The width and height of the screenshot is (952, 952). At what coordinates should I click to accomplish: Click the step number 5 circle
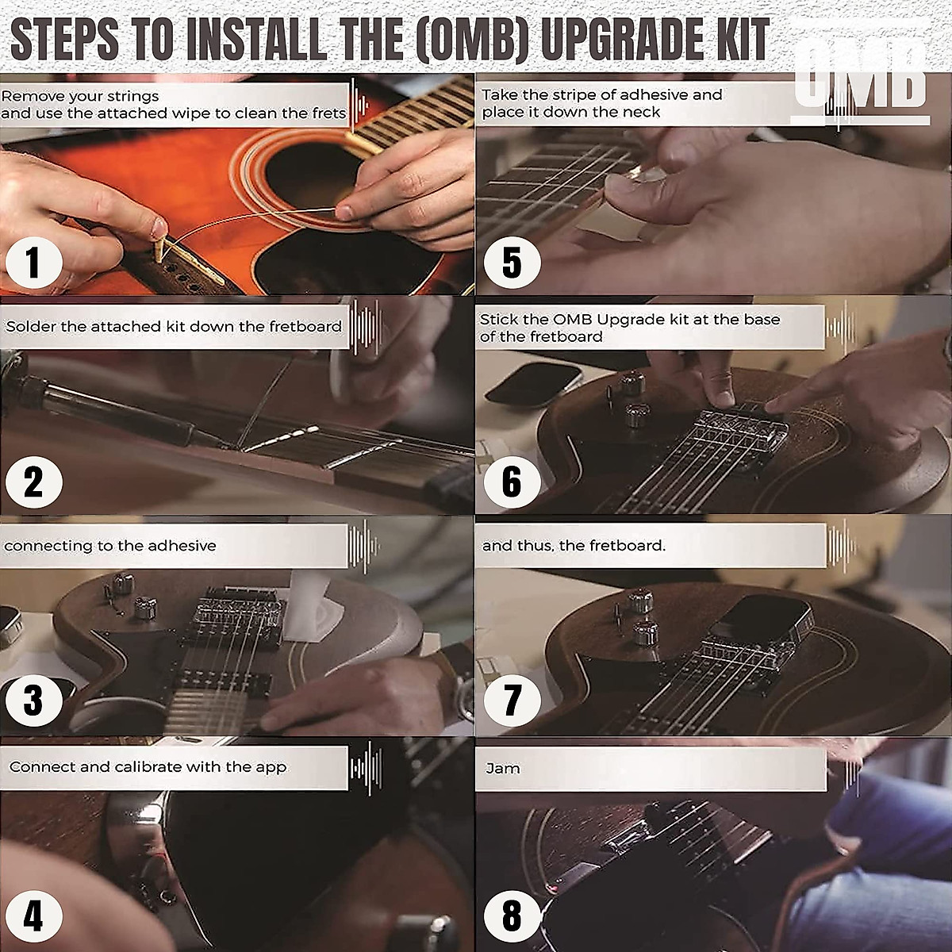coord(512,263)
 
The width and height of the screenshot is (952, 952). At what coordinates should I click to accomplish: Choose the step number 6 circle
coord(512,482)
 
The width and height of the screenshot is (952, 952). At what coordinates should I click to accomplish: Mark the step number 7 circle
coord(512,701)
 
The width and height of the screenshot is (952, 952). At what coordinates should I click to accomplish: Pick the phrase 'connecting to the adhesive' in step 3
coord(109,546)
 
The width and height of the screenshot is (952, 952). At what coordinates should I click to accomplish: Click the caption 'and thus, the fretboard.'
coord(573,546)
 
